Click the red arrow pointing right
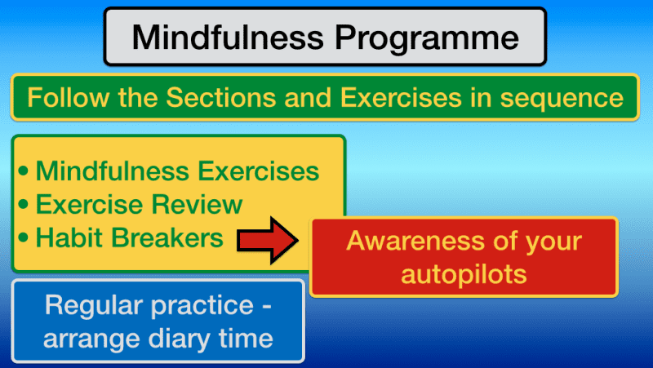coord(267,240)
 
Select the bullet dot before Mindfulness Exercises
coord(23,173)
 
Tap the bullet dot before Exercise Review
coord(23,206)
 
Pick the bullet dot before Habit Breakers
coord(23,238)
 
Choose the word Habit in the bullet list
coord(69,237)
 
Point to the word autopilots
coord(463,273)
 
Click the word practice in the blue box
coord(207,306)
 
